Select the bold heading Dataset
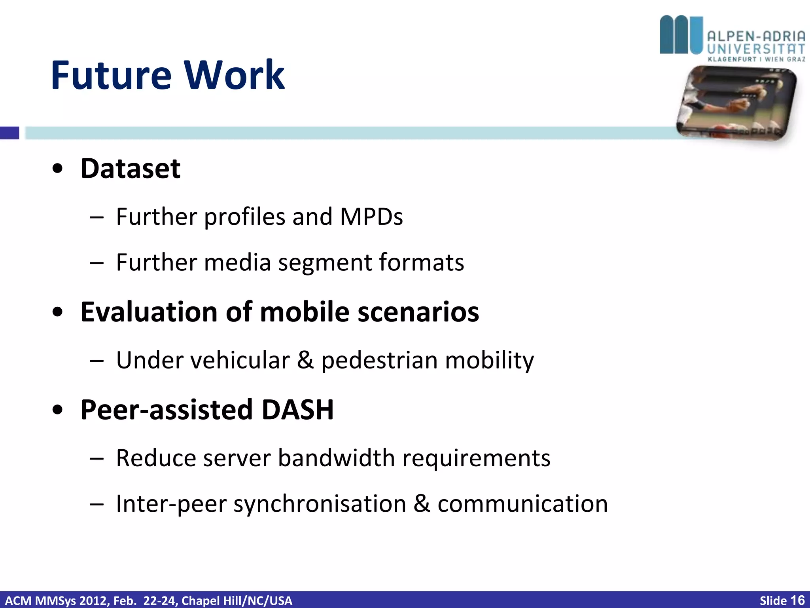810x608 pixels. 131,169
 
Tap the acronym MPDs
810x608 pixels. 371,217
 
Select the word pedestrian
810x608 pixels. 379,361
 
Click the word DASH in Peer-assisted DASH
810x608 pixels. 298,410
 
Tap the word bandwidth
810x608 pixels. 336,458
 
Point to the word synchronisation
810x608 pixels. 320,504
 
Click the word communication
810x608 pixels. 522,504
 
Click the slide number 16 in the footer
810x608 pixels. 797,600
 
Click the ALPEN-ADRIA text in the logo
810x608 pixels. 756,37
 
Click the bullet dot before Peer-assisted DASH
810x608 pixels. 58,410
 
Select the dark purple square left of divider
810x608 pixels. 9,133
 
